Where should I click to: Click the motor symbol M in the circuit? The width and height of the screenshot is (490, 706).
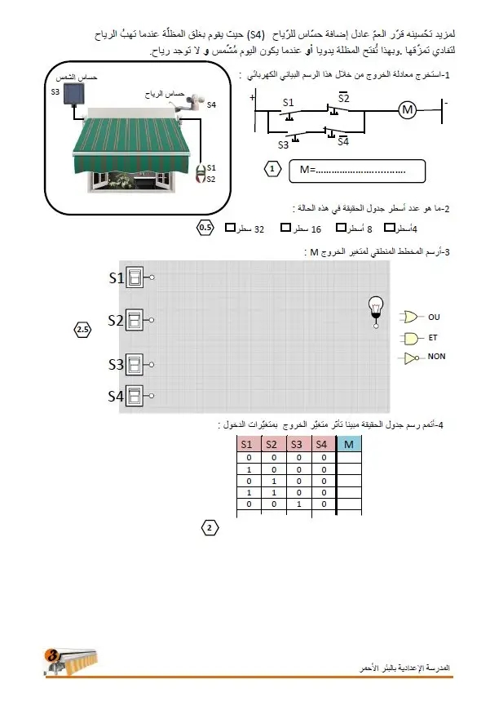(x=407, y=109)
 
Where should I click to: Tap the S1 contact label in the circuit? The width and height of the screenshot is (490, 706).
(x=288, y=102)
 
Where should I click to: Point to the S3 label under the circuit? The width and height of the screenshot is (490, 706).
(x=283, y=145)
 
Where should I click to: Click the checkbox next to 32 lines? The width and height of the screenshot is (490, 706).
(x=230, y=228)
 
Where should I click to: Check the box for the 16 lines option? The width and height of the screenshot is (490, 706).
(x=285, y=228)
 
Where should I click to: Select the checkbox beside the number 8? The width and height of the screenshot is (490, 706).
(x=341, y=228)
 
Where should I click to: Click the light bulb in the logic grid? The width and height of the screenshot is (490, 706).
(x=376, y=312)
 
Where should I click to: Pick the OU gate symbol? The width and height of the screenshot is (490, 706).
(x=410, y=317)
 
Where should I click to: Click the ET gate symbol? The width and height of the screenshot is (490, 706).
(x=411, y=338)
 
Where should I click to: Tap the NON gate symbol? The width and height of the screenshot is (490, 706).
(x=411, y=358)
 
